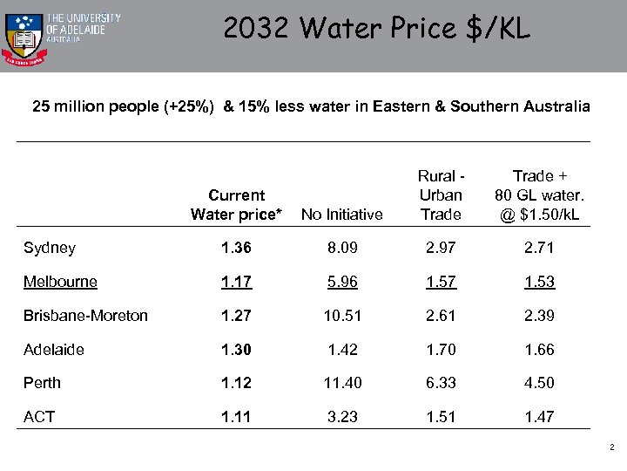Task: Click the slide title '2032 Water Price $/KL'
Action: click(x=376, y=29)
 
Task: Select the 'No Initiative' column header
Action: click(x=341, y=214)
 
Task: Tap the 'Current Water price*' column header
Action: click(x=236, y=204)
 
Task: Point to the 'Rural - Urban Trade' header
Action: click(x=440, y=195)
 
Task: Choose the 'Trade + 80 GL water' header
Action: click(x=537, y=195)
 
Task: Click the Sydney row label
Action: click(x=50, y=248)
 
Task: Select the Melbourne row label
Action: click(x=60, y=282)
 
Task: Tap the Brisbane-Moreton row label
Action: click(x=85, y=315)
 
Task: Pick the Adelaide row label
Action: click(x=54, y=349)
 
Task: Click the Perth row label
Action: click(x=42, y=382)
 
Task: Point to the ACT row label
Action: click(x=38, y=416)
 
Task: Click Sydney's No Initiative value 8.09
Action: click(x=341, y=248)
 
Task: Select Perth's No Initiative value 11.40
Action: click(x=341, y=382)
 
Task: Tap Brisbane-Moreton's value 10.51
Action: click(x=341, y=315)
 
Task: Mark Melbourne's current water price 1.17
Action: click(x=236, y=282)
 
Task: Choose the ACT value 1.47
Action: click(x=539, y=416)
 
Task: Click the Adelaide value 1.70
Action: click(x=440, y=349)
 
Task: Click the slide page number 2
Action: click(x=611, y=447)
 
